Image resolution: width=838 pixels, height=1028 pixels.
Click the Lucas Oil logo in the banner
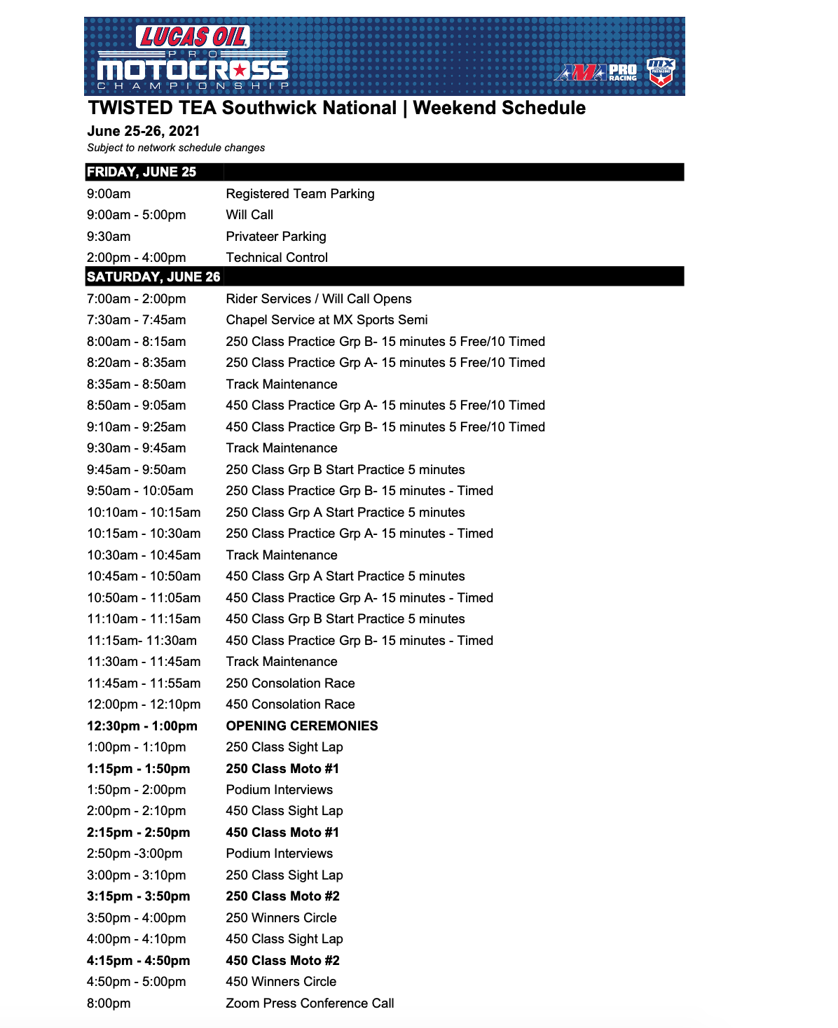[192, 37]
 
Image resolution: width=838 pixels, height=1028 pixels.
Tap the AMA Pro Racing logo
[596, 72]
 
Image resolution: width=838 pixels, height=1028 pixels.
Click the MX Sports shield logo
[660, 71]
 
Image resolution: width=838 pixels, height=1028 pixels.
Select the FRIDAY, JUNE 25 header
[142, 172]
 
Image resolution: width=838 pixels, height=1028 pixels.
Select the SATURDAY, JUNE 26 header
[153, 277]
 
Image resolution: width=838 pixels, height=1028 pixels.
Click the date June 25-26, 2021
[144, 131]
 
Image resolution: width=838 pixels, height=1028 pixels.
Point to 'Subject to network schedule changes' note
[176, 148]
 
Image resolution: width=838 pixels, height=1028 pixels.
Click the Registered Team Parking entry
[300, 194]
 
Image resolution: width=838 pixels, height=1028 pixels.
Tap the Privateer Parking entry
[276, 237]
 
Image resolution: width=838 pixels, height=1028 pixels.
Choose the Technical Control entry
[277, 258]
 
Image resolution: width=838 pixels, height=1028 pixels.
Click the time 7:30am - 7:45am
[137, 320]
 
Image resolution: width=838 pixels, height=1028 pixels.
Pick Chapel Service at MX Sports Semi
[327, 320]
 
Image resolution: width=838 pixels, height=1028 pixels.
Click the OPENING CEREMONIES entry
[302, 726]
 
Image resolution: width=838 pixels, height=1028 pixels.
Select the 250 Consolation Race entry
[290, 683]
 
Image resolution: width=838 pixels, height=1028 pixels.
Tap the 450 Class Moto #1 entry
[282, 833]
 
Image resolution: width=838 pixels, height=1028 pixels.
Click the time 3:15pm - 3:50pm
[139, 896]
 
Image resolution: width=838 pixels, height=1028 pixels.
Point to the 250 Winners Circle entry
[281, 918]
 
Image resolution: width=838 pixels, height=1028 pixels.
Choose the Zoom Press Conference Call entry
[310, 1003]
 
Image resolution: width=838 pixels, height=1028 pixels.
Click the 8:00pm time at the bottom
[109, 1003]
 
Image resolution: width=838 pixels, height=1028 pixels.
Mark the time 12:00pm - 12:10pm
[144, 704]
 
